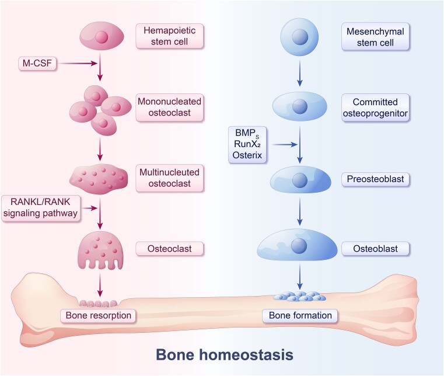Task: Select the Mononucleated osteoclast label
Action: [x=169, y=107]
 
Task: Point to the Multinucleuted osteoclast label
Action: [x=169, y=178]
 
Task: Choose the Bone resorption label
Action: [x=98, y=315]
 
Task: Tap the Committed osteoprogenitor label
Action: [x=375, y=107]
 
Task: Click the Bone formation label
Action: [x=300, y=315]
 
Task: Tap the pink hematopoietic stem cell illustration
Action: [x=100, y=36]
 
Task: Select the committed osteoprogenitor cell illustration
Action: [x=299, y=106]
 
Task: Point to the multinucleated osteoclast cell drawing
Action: [x=100, y=177]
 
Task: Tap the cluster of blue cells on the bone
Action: [x=299, y=296]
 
